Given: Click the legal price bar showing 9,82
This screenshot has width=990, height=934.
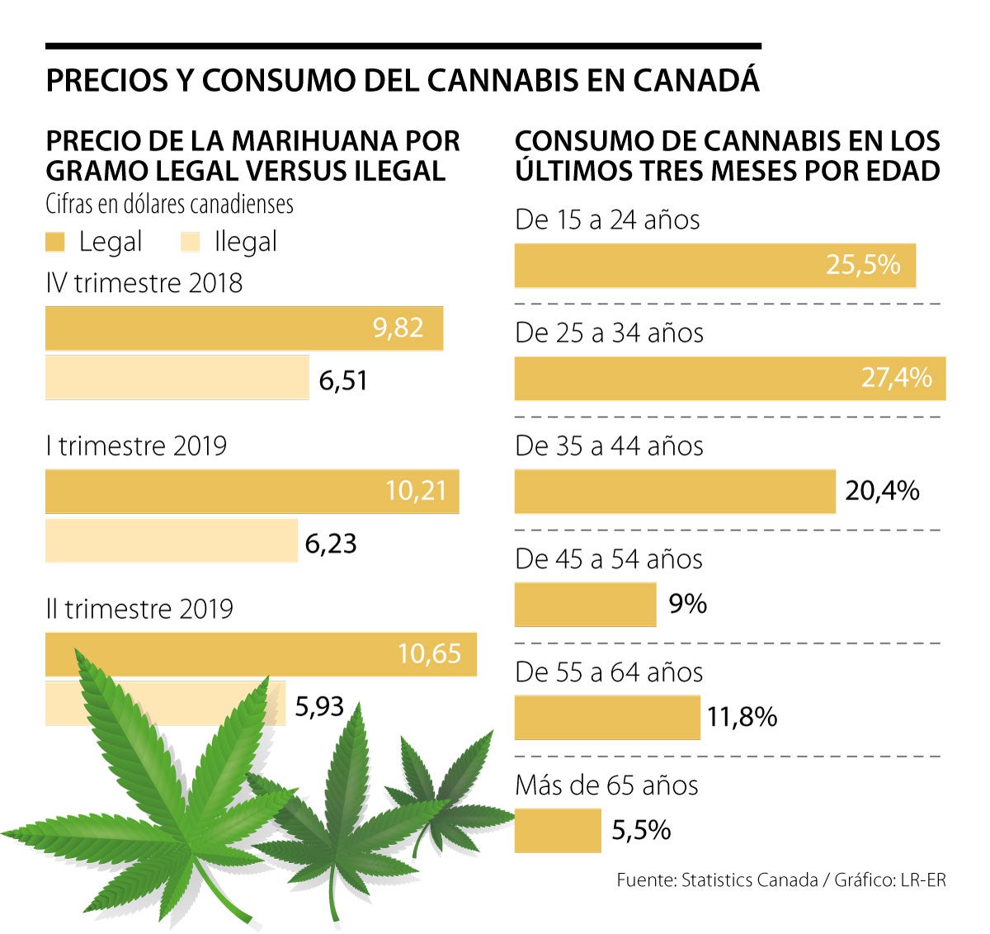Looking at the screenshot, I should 243,328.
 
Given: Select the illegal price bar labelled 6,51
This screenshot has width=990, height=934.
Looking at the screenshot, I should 177,378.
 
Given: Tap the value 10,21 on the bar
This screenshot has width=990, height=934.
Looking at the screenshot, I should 416,492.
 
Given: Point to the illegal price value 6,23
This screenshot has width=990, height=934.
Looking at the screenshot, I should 331,544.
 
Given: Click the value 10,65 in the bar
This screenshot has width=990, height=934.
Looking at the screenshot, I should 429,654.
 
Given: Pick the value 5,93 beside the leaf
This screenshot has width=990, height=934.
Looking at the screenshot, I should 319,706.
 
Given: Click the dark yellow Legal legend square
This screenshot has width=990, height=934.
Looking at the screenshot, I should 55,243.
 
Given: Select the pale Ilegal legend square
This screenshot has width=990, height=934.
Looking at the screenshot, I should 190,243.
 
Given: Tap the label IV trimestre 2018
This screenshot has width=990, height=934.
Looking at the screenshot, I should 144,283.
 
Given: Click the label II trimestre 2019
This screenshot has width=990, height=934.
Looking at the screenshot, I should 139,609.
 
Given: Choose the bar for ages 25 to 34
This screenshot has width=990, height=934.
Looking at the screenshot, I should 729,379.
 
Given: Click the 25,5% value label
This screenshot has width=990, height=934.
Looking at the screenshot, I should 863,265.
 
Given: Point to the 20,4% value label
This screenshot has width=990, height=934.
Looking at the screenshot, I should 882,491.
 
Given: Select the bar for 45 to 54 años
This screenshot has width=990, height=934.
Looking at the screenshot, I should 585,605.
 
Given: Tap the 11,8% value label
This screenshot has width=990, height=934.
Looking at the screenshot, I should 742,717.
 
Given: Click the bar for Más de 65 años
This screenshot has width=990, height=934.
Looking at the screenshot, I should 558,831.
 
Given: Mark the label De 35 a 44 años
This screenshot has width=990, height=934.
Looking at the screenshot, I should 609,446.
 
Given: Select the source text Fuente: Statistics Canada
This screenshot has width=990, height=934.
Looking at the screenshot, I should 717,880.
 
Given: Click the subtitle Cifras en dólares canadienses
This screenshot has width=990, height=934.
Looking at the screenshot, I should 169,204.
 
